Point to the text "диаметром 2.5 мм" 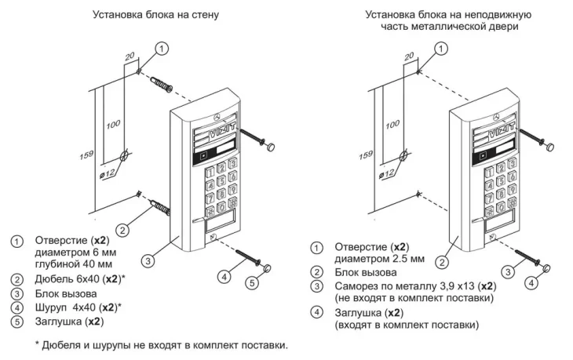tap(380, 257)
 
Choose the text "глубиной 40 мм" tap(74, 264)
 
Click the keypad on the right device tap(498, 184)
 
